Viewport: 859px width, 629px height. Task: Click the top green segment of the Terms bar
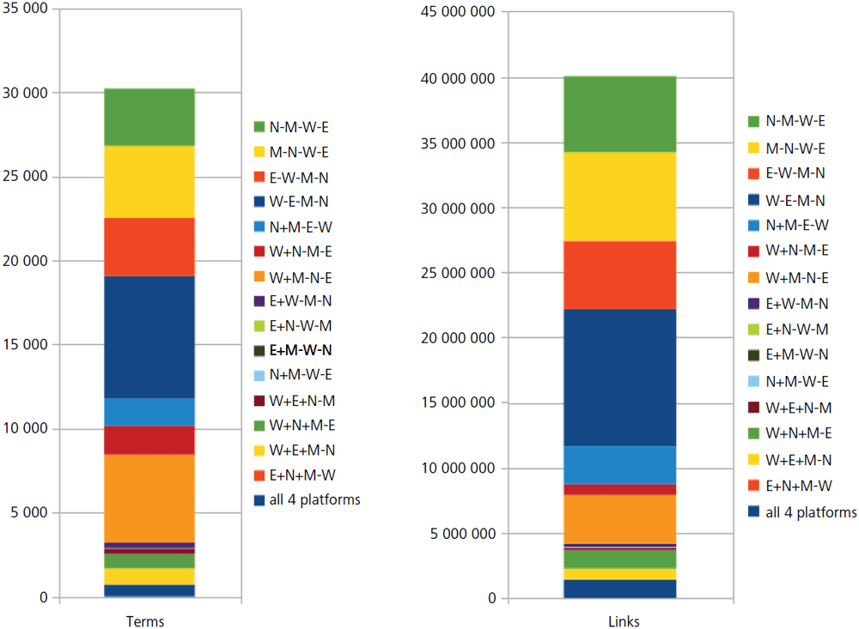(x=149, y=117)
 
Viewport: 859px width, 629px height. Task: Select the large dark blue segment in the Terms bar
(x=149, y=336)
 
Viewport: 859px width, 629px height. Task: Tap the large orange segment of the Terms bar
(x=149, y=498)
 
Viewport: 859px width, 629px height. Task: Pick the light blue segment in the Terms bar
(x=149, y=412)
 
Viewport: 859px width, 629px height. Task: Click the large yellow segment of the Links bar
(x=619, y=197)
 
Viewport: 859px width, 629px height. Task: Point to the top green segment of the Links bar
(x=619, y=114)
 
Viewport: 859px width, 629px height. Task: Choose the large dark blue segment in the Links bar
(x=619, y=377)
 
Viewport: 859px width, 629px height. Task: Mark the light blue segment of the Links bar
(x=619, y=465)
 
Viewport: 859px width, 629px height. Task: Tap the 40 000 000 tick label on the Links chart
(x=456, y=78)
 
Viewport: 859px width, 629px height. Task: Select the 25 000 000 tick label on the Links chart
(x=456, y=273)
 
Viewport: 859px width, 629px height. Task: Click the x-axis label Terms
(x=145, y=621)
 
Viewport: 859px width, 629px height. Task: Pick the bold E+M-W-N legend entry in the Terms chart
(x=300, y=351)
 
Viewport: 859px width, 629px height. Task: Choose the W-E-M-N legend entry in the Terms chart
(x=298, y=202)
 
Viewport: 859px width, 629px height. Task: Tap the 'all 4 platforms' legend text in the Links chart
(x=811, y=512)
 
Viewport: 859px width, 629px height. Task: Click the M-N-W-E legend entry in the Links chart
(x=795, y=148)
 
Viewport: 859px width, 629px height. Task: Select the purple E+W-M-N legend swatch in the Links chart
(x=754, y=304)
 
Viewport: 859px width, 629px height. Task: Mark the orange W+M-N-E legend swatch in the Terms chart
(x=259, y=276)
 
